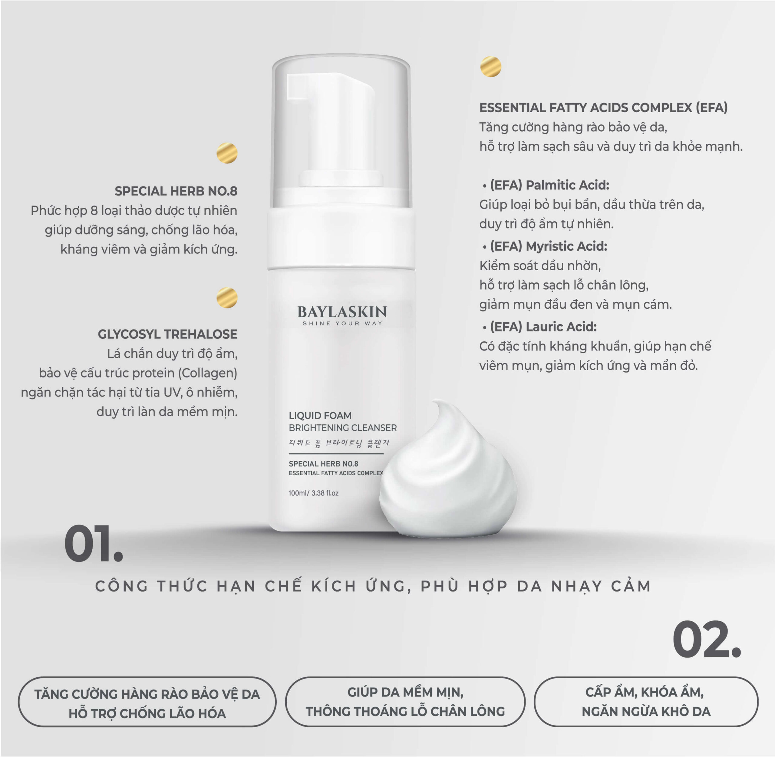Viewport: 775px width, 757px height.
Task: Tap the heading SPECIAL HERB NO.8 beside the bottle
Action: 176,191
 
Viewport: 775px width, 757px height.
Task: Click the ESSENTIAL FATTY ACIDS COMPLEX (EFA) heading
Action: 603,108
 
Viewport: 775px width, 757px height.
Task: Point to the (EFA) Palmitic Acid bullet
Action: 546,185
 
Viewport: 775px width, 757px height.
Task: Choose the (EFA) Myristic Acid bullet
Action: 545,246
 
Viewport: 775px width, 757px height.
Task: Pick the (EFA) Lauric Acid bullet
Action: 539,327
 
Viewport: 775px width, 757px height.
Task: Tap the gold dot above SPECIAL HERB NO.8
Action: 227,153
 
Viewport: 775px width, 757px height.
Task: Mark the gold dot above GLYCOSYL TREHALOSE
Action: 227,298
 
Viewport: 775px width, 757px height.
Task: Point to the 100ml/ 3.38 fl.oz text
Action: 313,493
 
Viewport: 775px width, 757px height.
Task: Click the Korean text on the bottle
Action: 339,443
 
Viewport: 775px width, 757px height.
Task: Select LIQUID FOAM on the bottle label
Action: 320,416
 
